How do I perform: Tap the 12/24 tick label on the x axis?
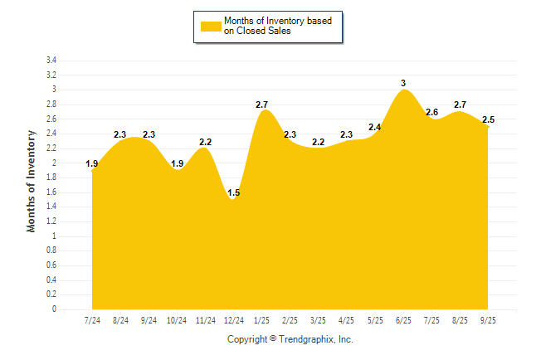coord(234,319)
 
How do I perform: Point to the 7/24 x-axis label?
coord(93,319)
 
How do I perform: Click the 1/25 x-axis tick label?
coord(262,319)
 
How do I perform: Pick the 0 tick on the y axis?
coord(54,309)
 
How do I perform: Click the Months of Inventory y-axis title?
coord(32,180)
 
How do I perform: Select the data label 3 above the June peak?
coord(403,83)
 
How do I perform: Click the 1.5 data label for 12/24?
coord(233,192)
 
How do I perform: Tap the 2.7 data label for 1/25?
coord(261,105)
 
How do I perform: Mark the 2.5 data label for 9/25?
coord(489,119)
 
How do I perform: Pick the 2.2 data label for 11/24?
coord(205,142)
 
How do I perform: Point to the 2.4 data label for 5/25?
coord(375,127)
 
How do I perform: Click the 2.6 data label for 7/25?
coord(432,112)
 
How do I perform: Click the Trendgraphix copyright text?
coord(290,339)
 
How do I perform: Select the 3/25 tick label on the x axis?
coord(319,319)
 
